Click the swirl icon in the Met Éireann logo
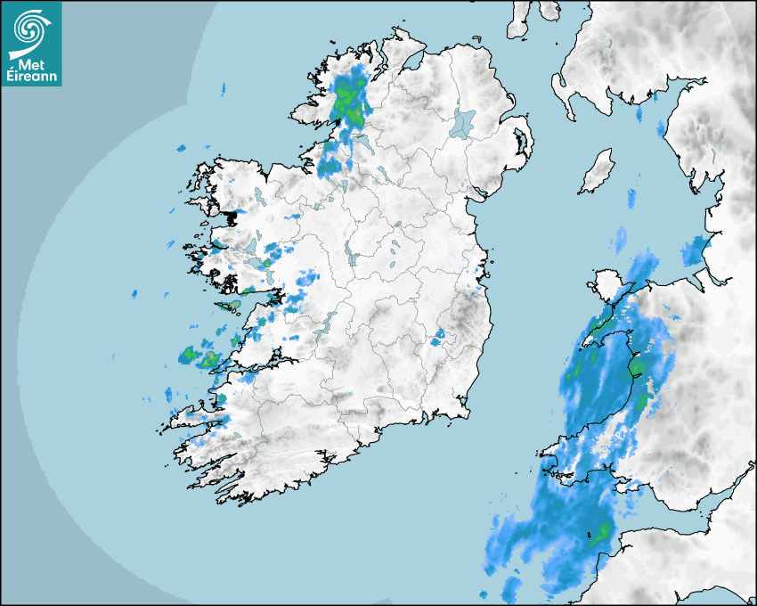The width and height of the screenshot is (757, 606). [x=30, y=29]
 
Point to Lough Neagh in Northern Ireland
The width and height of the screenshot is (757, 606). [x=463, y=122]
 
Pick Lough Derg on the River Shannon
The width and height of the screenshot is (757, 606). [x=327, y=322]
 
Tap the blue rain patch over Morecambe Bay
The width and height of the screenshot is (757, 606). [x=694, y=250]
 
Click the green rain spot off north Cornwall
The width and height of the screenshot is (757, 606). [x=603, y=535]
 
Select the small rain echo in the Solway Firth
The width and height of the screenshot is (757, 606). [x=638, y=114]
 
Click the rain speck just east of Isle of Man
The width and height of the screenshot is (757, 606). [x=633, y=196]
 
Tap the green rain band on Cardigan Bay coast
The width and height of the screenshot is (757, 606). [x=637, y=364]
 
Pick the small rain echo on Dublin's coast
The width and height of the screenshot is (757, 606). [x=478, y=287]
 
